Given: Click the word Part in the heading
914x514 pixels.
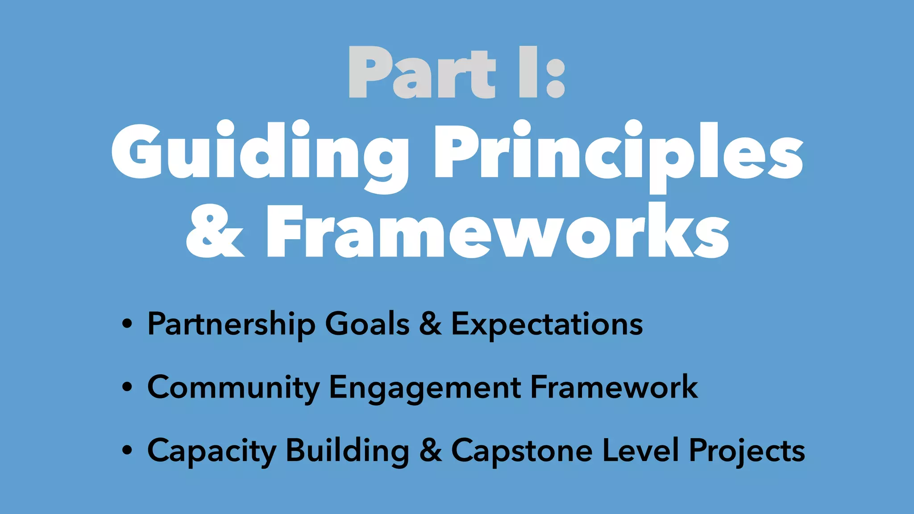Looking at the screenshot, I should pyautogui.click(x=422, y=73).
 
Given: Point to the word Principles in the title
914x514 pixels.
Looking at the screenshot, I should pyautogui.click(x=619, y=152).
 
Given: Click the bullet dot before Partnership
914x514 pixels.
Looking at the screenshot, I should pyautogui.click(x=127, y=324).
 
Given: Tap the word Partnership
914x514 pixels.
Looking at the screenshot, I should pyautogui.click(x=231, y=324).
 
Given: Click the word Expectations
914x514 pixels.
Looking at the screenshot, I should pyautogui.click(x=547, y=324).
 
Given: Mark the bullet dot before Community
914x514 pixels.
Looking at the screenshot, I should pyautogui.click(x=127, y=387).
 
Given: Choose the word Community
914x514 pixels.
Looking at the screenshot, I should pyautogui.click(x=233, y=387).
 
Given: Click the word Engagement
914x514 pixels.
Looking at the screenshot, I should pyautogui.click(x=424, y=387).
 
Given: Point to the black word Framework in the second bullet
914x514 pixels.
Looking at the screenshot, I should pyautogui.click(x=614, y=386).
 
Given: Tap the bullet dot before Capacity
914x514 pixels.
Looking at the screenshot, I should pyautogui.click(x=127, y=451).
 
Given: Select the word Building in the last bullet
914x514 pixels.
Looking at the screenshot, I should pyautogui.click(x=347, y=451).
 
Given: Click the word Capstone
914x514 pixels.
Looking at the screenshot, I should pyautogui.click(x=522, y=451).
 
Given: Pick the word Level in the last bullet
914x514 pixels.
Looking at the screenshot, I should pyautogui.click(x=640, y=450).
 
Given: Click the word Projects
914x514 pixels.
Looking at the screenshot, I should pyautogui.click(x=747, y=451).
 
